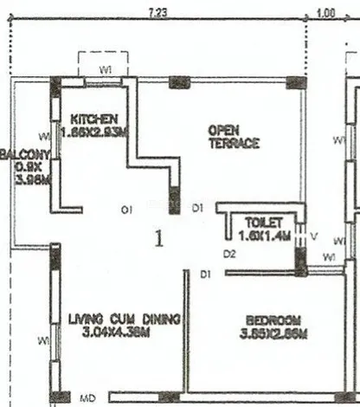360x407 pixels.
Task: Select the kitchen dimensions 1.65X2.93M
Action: (94, 132)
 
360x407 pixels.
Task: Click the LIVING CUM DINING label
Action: (124, 319)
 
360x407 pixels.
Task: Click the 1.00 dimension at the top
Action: (325, 12)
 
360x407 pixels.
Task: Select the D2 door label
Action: (228, 255)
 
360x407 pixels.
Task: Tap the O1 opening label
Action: (126, 209)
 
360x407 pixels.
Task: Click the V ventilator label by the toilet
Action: (314, 233)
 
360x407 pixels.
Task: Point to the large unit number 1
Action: (158, 240)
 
